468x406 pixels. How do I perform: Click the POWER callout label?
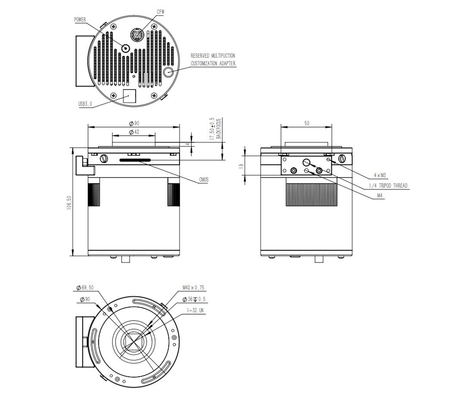click(x=80, y=20)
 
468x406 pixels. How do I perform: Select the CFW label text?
click(x=160, y=12)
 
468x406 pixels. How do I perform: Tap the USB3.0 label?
click(x=85, y=104)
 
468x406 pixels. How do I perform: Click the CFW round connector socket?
click(x=137, y=35)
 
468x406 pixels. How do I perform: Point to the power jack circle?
click(x=126, y=47)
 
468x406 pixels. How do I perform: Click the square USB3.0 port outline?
click(x=129, y=96)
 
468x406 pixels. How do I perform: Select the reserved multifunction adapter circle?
click(x=169, y=72)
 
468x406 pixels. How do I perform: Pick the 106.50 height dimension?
click(x=69, y=202)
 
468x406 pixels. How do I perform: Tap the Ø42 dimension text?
click(x=134, y=132)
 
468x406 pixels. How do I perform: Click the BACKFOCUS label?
click(x=218, y=129)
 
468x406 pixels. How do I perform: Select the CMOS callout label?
click(x=204, y=180)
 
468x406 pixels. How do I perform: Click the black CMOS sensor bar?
click(x=135, y=160)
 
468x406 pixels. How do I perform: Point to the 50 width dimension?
click(x=307, y=123)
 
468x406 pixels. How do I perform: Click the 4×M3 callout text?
click(x=380, y=175)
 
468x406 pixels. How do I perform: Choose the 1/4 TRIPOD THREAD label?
click(x=388, y=185)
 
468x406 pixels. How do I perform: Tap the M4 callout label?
click(x=379, y=195)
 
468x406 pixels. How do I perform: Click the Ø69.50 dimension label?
click(x=85, y=288)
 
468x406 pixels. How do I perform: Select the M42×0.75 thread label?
click(x=193, y=288)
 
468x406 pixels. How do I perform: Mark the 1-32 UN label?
click(x=195, y=310)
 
